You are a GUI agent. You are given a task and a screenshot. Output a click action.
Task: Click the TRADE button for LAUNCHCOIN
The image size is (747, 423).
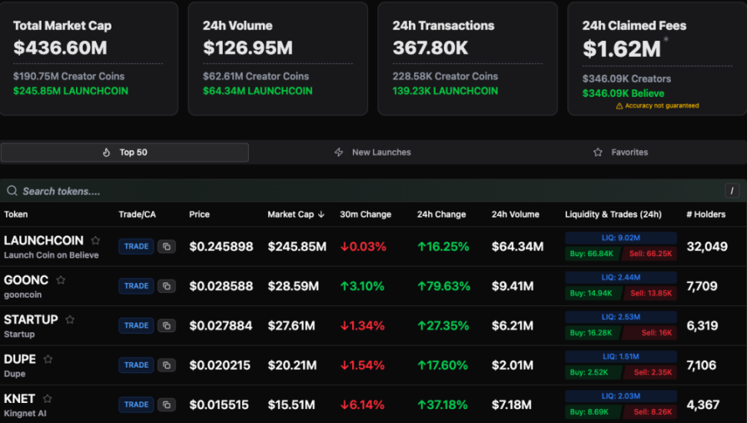(136, 246)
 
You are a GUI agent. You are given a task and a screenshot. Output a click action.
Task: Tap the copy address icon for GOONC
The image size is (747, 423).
(167, 286)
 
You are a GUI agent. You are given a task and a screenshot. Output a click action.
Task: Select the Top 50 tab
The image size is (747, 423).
(124, 152)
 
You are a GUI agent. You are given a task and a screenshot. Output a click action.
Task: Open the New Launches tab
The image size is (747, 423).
(373, 152)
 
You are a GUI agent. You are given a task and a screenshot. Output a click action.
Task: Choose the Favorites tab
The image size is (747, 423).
(621, 152)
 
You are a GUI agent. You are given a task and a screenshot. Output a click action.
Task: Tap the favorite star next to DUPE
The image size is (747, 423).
(48, 359)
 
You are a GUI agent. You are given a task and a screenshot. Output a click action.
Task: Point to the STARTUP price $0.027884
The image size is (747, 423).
(221, 325)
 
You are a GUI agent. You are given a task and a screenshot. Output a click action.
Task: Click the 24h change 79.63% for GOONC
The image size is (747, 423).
(443, 286)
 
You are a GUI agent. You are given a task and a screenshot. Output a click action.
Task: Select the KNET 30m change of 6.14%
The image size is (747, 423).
(363, 405)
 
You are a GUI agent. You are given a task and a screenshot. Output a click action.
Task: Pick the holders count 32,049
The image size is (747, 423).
(707, 246)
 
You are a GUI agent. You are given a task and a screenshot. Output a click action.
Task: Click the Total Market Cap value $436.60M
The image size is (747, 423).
(60, 48)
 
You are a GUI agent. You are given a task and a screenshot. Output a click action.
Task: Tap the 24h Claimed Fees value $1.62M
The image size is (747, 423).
(622, 48)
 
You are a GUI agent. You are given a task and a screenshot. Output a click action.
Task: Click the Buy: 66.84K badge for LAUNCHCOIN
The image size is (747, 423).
(592, 253)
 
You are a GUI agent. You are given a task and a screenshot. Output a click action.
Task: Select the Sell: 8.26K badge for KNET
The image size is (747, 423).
(651, 411)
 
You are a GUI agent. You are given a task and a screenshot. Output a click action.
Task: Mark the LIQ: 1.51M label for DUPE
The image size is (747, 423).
(620, 357)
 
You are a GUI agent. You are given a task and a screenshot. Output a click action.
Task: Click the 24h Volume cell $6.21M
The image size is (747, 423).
(513, 325)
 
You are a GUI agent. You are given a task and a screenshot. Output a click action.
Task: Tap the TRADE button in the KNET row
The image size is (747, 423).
(136, 405)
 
